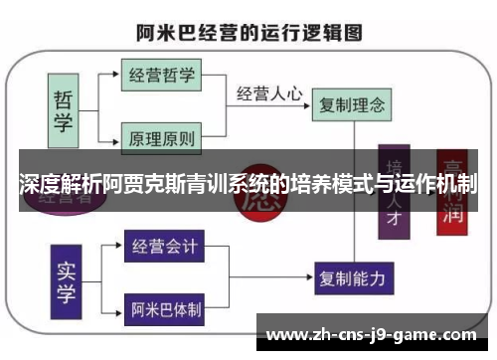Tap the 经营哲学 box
coord(162,75)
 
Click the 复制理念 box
coord(350,102)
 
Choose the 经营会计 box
coord(165,245)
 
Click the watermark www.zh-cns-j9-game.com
coord(373,334)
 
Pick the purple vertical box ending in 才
coord(396,194)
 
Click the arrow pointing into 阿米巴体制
coord(114,309)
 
